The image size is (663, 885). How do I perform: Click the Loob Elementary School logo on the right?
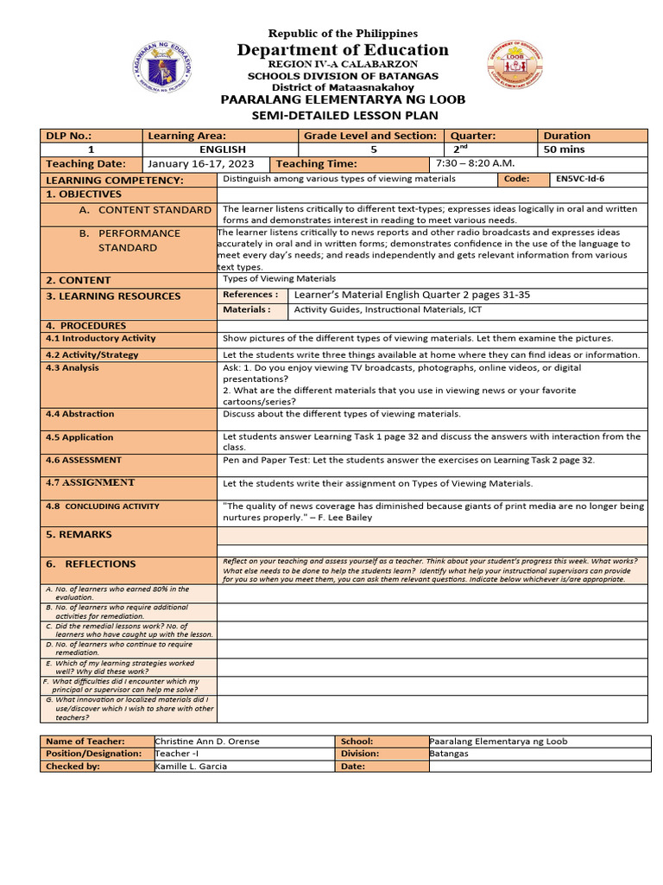[515, 68]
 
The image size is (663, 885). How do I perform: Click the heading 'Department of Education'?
[343, 50]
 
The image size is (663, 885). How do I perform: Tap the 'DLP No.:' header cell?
[69, 136]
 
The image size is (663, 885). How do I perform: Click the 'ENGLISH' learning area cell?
[222, 150]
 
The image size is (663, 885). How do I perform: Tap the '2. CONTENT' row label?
[79, 280]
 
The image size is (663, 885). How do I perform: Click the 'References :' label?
[249, 295]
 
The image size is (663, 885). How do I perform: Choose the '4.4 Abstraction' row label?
[80, 414]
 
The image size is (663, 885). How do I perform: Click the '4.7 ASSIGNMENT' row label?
[91, 482]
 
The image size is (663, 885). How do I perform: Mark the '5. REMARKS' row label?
[79, 535]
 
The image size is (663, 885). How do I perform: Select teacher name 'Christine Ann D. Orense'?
[207, 742]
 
